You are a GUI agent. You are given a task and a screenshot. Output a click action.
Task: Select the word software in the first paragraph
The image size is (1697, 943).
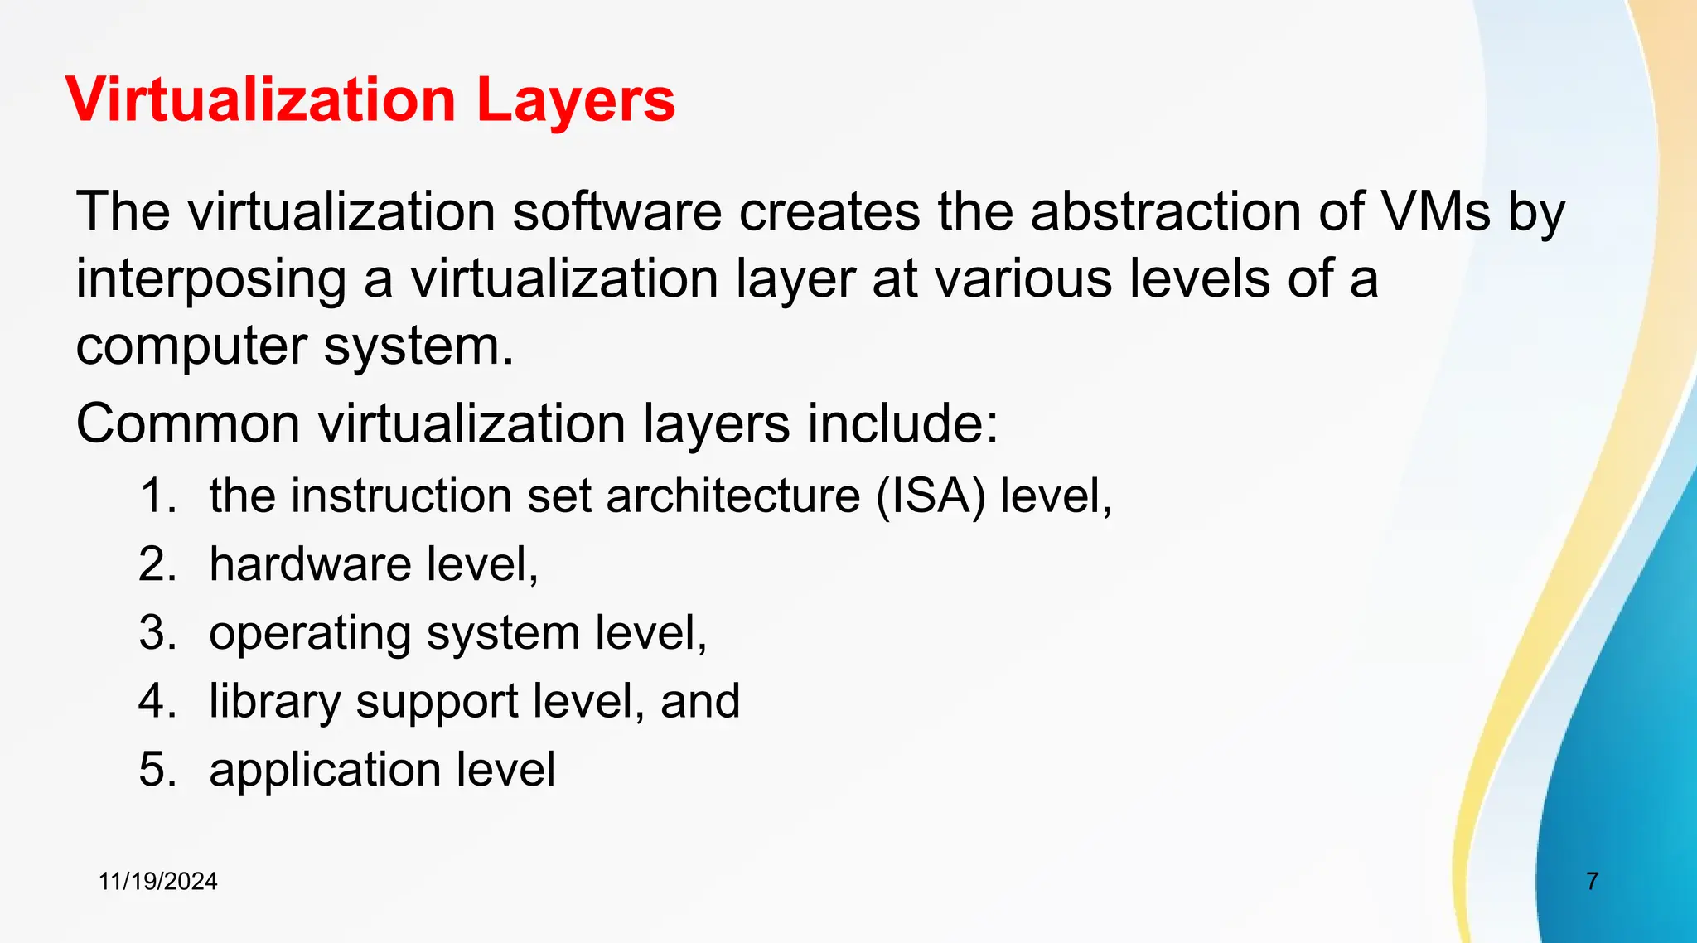[616, 211]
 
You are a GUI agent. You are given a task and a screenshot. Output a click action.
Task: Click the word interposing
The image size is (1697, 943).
[210, 280]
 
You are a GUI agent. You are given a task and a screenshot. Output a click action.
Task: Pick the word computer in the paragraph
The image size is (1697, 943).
[191, 346]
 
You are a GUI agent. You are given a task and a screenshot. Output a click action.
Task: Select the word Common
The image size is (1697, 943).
[188, 424]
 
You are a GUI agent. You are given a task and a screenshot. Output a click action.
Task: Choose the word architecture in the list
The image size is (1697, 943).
[733, 496]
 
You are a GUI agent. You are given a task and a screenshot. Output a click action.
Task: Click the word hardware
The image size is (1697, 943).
[310, 564]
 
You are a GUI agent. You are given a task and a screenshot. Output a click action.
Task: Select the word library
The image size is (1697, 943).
[274, 702]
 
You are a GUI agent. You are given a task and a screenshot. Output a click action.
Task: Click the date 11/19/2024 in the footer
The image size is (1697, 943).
[157, 882]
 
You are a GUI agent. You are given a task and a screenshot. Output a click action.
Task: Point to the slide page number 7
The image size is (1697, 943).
[1592, 882]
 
